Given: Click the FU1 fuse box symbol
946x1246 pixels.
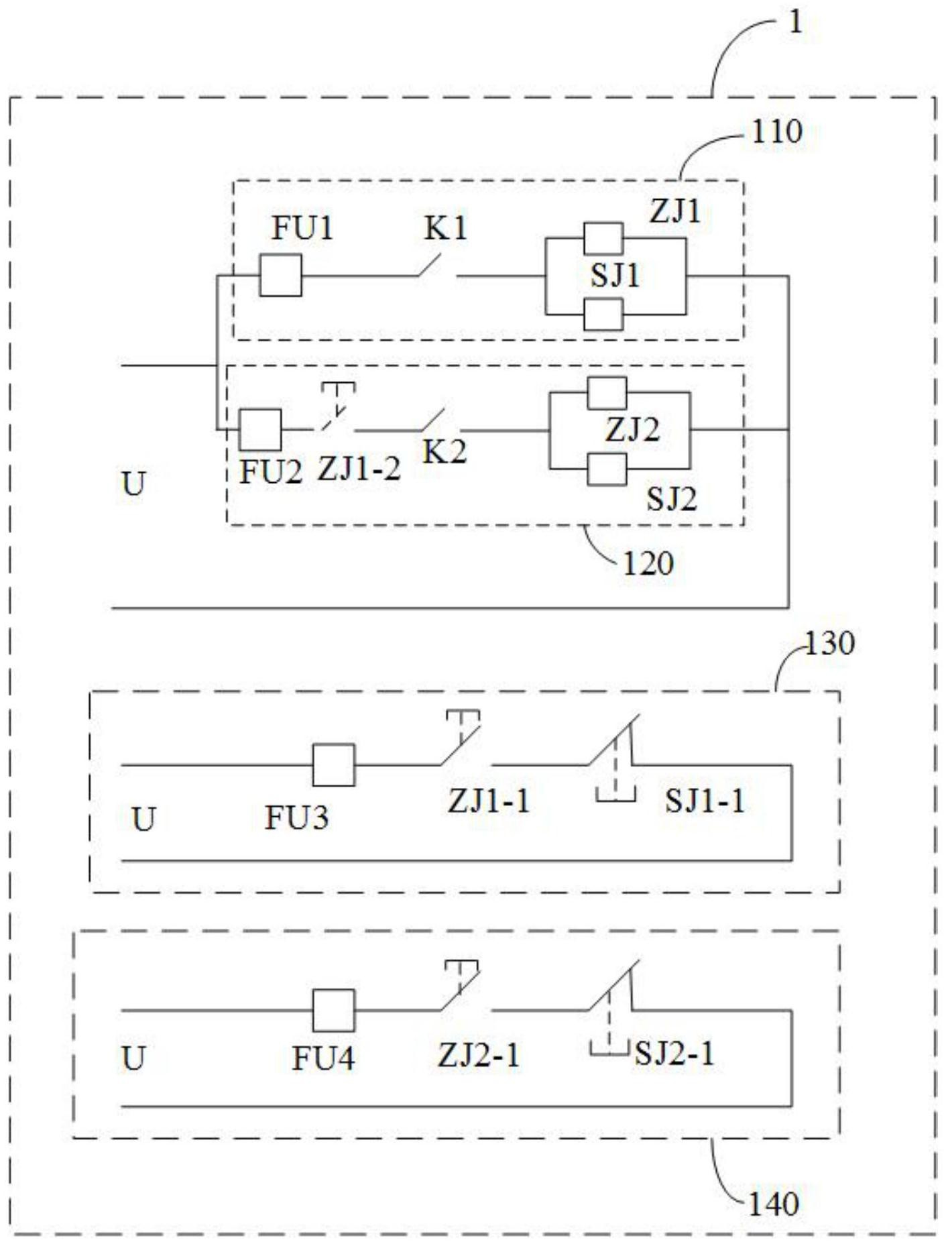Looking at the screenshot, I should pyautogui.click(x=280, y=275).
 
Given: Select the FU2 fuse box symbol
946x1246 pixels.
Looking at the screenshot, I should pyautogui.click(x=260, y=430).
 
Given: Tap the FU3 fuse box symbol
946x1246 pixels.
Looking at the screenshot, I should pyautogui.click(x=333, y=765).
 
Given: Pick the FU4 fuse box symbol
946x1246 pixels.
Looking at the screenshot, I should pyautogui.click(x=333, y=1010).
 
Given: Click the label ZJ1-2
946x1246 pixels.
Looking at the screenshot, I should pyautogui.click(x=359, y=468).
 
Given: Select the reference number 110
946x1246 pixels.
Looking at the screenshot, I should pyautogui.click(x=776, y=131).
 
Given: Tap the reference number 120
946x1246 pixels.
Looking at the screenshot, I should pyautogui.click(x=648, y=563).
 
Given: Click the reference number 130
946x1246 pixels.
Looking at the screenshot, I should pyautogui.click(x=829, y=644).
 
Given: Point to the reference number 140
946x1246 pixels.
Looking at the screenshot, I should pyautogui.click(x=773, y=1204).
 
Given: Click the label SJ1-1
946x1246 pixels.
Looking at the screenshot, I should pyautogui.click(x=705, y=800).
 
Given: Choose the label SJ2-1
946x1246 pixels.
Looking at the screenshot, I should pyautogui.click(x=674, y=1053).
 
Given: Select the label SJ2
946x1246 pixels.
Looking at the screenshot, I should pyautogui.click(x=671, y=498).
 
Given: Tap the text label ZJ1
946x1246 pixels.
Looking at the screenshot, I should pyautogui.click(x=675, y=212).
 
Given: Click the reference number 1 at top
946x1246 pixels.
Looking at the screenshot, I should pyautogui.click(x=795, y=23).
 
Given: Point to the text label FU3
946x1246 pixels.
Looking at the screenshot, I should pyautogui.click(x=296, y=817).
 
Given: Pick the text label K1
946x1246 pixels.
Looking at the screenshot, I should pyautogui.click(x=445, y=229).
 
